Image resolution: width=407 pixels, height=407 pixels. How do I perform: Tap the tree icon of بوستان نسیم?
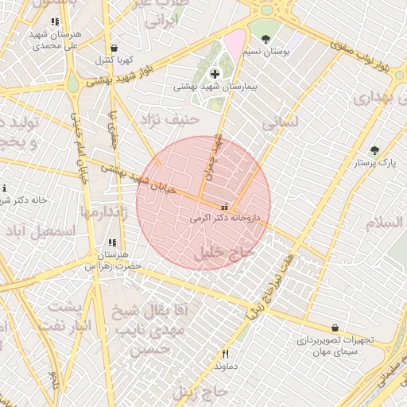pos(266,39)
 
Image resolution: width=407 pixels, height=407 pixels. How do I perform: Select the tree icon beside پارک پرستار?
pos(374,150)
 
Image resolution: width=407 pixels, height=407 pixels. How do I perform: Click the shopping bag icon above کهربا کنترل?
pos(116,48)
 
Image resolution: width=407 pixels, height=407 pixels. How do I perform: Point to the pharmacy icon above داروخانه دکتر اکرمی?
pos(224,204)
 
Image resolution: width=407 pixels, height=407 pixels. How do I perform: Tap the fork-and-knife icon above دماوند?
pos(226,355)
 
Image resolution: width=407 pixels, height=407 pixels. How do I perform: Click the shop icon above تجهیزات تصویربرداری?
pos(335,328)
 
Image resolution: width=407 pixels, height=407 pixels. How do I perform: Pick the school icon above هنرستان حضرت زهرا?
pos(112,242)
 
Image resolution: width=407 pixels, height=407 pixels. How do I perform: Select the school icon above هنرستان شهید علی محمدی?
pos(54,22)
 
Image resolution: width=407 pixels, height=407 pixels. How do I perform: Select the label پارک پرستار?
pos(375,163)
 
